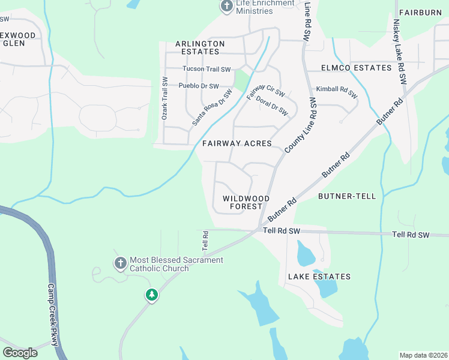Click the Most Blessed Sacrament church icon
coord(120,263)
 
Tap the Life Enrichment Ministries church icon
coord(227,7)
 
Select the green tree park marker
coord(152,295)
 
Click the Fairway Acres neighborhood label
coord(237,144)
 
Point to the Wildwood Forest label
coord(246,202)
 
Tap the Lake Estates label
coord(319,277)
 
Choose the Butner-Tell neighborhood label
coord(347,196)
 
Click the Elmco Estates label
coord(357,68)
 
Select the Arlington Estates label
coord(200,48)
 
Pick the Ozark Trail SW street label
coord(164,98)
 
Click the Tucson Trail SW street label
coord(206,69)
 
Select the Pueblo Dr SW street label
coord(199,86)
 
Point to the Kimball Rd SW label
coord(337,92)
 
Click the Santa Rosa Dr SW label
coord(212,107)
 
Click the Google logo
coord(20,353)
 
